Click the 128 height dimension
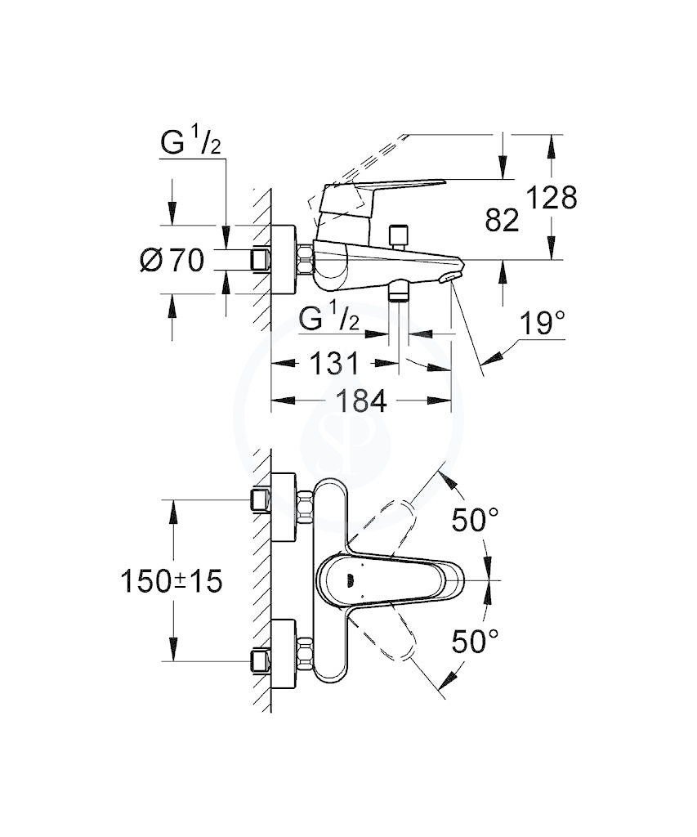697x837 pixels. tap(552, 198)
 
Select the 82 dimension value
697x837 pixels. tap(502, 220)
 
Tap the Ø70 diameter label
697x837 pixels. tap(172, 261)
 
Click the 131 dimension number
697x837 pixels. tap(334, 364)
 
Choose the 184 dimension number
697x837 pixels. tap(361, 401)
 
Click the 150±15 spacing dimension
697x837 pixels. tap(172, 581)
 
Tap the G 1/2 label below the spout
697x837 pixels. tap(328, 320)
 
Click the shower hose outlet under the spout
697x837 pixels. tap(399, 292)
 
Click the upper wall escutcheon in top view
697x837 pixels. tap(284, 507)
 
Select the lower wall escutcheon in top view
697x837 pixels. tap(284, 653)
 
